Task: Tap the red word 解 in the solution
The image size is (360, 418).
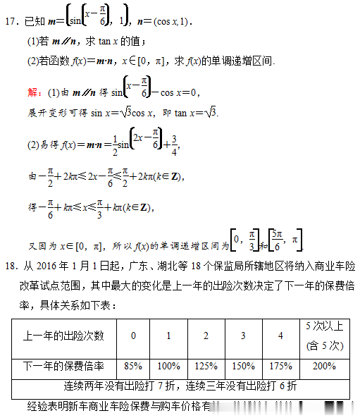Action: (x=33, y=92)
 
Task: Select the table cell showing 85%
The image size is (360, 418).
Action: (x=132, y=367)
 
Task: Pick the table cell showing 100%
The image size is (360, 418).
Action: (x=168, y=367)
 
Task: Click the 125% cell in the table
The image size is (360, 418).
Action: (x=206, y=367)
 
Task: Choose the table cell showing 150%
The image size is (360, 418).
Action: (x=242, y=367)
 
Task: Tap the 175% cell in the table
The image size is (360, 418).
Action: (x=280, y=367)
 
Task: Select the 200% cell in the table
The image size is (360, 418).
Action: (x=324, y=367)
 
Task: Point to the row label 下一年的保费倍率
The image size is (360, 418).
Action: (x=64, y=367)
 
